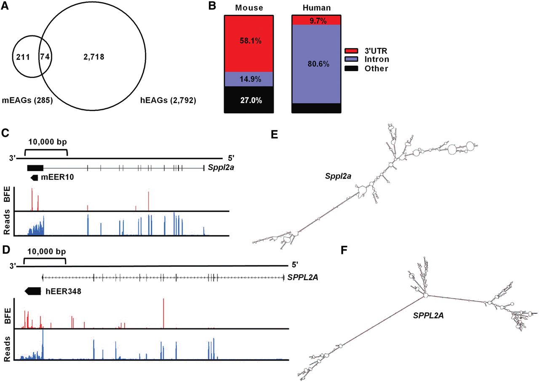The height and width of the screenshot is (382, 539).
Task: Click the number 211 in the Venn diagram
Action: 22,56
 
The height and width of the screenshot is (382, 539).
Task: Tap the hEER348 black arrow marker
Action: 32,290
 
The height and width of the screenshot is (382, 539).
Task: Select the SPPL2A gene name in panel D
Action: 302,277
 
